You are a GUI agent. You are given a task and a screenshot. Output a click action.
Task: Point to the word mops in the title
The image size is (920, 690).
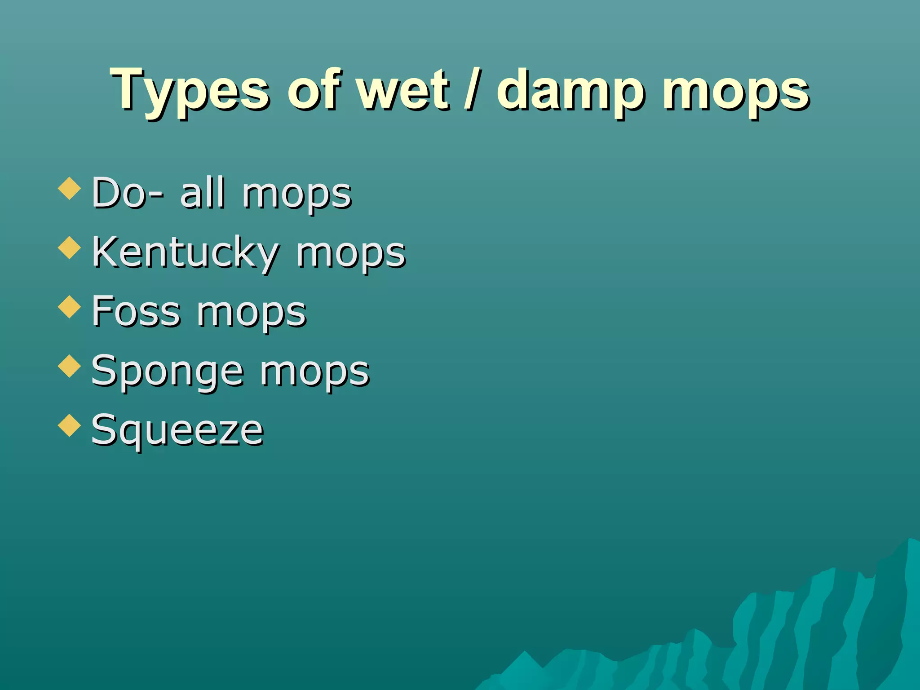(736, 92)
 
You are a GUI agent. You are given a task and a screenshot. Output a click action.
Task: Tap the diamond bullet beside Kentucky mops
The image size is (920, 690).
(70, 248)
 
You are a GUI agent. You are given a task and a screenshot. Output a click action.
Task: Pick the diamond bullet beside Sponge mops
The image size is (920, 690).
(70, 366)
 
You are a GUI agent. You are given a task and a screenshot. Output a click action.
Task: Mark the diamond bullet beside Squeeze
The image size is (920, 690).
(70, 425)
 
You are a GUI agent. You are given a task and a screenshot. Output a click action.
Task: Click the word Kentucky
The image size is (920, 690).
(185, 253)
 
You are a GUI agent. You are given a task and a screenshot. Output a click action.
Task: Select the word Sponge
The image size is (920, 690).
(167, 372)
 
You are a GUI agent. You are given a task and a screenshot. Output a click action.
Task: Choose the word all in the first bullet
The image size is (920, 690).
(202, 193)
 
